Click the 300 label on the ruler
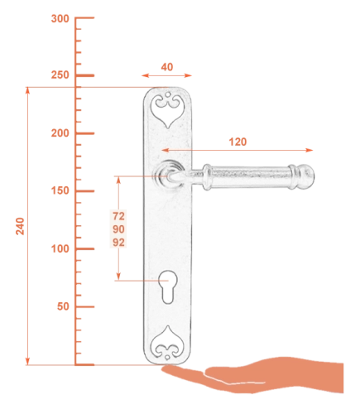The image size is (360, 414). point(60,19)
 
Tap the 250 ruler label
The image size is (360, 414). point(60,75)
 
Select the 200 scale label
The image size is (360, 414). point(60,133)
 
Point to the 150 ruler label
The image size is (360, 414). point(60,190)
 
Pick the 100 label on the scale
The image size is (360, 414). point(60,248)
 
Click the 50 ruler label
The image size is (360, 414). point(63,306)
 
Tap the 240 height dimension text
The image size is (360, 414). point(20,226)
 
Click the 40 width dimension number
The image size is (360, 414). point(167,67)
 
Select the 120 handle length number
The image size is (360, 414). point(238,142)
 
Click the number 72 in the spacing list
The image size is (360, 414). point(118,216)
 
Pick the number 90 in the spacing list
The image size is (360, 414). point(118,229)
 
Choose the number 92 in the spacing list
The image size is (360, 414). point(118,243)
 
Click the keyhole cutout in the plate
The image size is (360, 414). point(167,287)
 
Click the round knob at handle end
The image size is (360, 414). point(307,176)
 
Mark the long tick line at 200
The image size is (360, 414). point(84,133)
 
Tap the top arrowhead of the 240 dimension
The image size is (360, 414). point(27,90)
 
